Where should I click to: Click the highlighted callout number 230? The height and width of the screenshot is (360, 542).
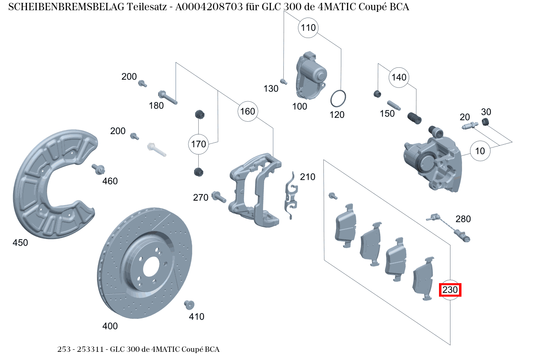coord(450,290)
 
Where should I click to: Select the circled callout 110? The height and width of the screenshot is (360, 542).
coord(309,28)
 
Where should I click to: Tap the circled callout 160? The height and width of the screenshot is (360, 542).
coord(247,111)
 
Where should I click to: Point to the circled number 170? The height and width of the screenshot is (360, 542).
coord(198,144)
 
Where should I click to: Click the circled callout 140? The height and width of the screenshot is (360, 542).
coord(399,77)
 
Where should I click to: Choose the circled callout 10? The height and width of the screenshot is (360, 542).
coord(480,151)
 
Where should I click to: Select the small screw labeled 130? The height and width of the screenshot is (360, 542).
coord(283,80)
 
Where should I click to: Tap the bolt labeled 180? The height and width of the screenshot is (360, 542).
coord(167,97)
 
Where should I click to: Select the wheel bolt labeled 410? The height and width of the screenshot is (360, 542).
coord(189,304)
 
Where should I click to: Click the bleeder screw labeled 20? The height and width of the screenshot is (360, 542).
coord(470,126)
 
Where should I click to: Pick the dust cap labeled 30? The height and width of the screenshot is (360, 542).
coord(486,122)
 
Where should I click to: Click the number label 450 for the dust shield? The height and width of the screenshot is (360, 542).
coord(20,243)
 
